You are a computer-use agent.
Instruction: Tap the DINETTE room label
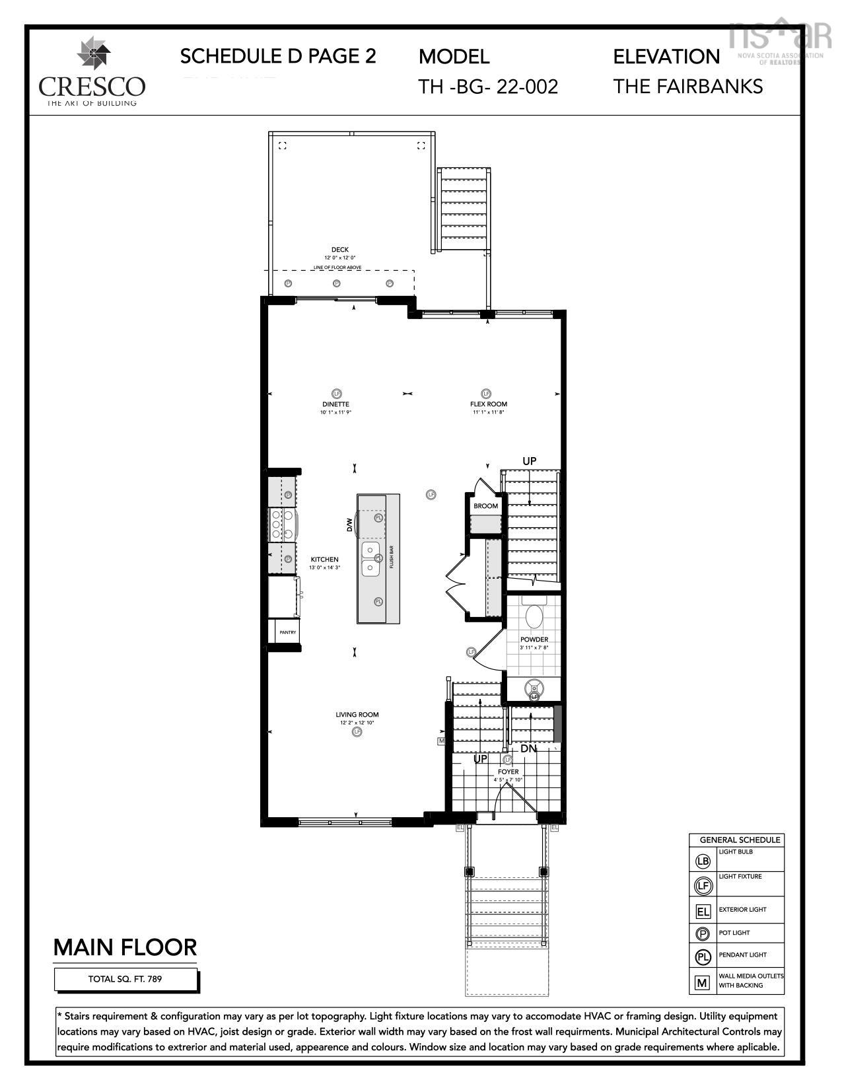point(335,404)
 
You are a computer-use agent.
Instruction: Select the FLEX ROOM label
point(489,404)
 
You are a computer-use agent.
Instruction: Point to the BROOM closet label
point(485,506)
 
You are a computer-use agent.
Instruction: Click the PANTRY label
point(287,632)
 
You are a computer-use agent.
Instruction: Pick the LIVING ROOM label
point(357,715)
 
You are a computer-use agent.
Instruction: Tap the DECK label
point(339,250)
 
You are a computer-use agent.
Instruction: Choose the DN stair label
point(528,749)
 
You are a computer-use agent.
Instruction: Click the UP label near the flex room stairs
point(529,461)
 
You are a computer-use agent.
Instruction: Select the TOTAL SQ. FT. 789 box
point(125,979)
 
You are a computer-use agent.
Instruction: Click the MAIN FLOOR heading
point(125,947)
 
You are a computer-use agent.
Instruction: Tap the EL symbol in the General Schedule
point(703,912)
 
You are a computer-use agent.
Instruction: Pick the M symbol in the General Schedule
point(702,982)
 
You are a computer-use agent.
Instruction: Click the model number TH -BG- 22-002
point(488,87)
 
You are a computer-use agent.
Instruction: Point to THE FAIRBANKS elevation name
point(687,87)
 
